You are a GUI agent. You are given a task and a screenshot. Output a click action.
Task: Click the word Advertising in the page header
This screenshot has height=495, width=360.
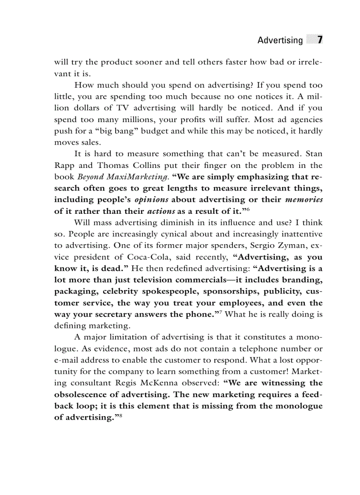pyautogui.click(x=280, y=41)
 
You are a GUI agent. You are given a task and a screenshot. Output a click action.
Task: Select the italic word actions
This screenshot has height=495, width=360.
pyautogui.click(x=161, y=211)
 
